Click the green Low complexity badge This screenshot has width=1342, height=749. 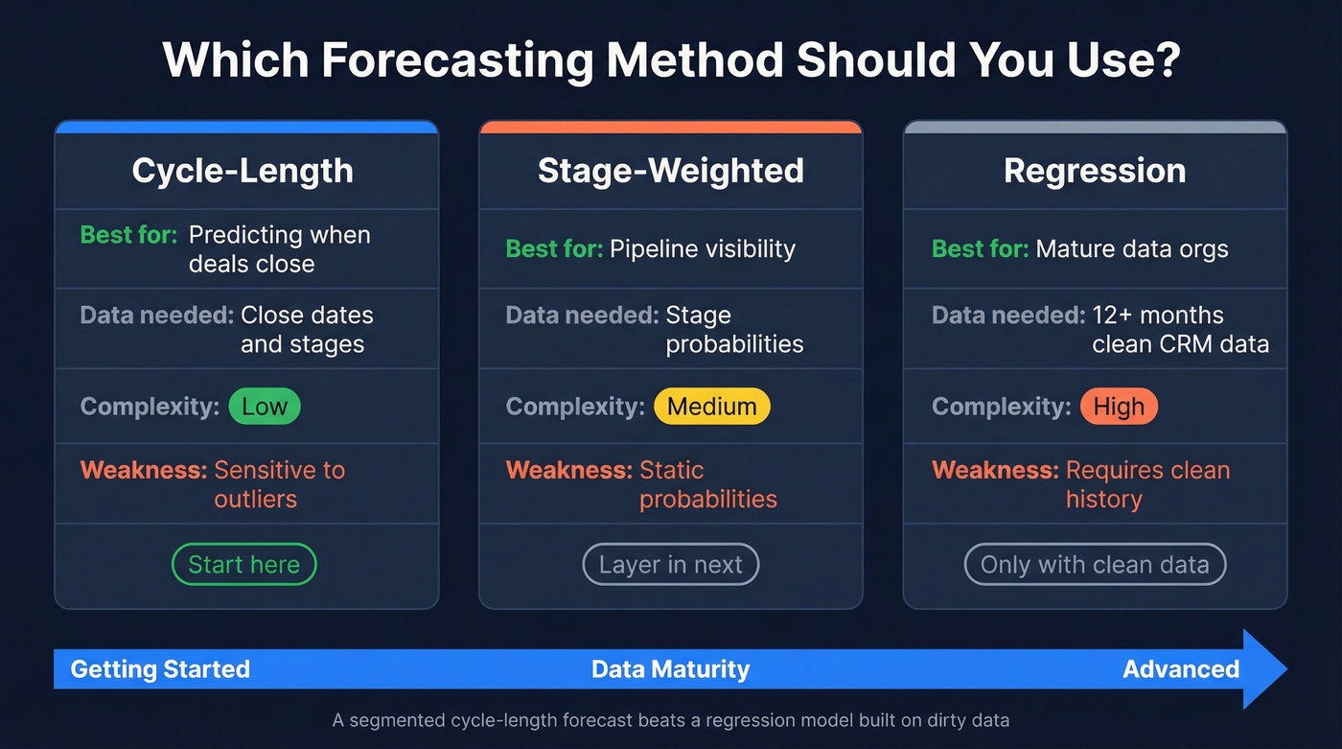click(264, 406)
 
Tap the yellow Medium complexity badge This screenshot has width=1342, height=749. click(711, 406)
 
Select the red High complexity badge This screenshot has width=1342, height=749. click(1119, 406)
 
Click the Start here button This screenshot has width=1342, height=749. click(243, 565)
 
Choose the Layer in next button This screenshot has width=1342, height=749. click(670, 565)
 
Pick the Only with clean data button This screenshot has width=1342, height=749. click(1095, 565)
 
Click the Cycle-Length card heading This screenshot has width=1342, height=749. click(243, 171)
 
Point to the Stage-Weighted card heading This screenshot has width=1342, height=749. click(670, 171)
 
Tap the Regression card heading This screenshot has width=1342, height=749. click(1095, 171)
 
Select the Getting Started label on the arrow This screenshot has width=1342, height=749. click(160, 668)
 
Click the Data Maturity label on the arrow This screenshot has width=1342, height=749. click(670, 668)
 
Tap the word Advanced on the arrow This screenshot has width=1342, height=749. click(1181, 668)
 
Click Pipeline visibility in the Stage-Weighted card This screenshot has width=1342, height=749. click(702, 249)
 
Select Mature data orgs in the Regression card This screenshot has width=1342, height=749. click(1131, 249)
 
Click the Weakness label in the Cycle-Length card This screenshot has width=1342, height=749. click(144, 470)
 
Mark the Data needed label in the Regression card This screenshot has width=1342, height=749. click(1007, 316)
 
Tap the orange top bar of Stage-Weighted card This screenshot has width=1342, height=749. click(670, 127)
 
